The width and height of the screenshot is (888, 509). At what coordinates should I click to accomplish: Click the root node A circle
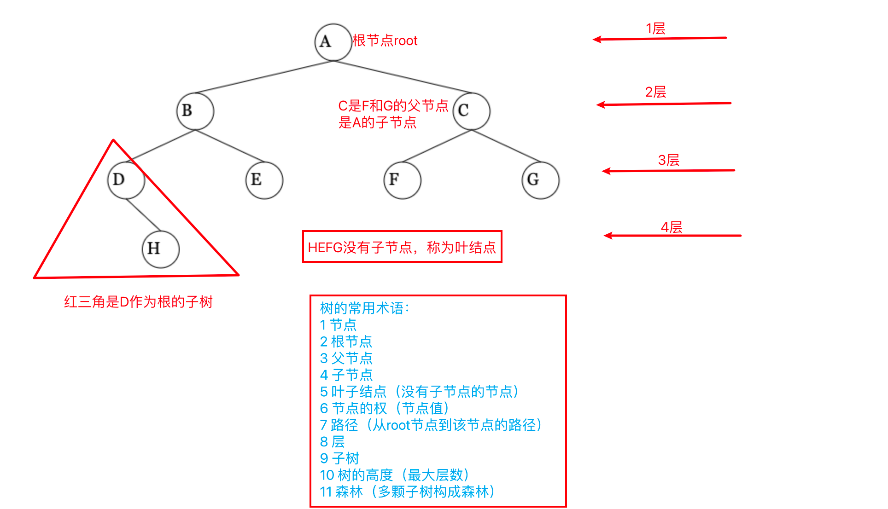pyautogui.click(x=333, y=42)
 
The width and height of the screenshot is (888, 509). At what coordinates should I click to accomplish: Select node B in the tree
pyautogui.click(x=195, y=111)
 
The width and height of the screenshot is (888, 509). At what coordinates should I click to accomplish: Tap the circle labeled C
pyautogui.click(x=471, y=111)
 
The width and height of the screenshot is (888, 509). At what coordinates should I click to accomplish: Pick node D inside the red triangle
pyautogui.click(x=126, y=180)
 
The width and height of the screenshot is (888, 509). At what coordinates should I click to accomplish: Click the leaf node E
pyautogui.click(x=264, y=180)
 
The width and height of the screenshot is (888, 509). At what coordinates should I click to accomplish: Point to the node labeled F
pyautogui.click(x=402, y=180)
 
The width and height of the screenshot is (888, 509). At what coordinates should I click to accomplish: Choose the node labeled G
pyautogui.click(x=540, y=180)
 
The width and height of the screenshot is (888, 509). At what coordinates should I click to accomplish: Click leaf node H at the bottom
pyautogui.click(x=160, y=249)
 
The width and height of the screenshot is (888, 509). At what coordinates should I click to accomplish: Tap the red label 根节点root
pyautogui.click(x=385, y=40)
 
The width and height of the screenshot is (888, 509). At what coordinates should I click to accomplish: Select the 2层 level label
pyautogui.click(x=655, y=92)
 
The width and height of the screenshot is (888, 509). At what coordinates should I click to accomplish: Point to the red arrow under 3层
pyautogui.click(x=668, y=171)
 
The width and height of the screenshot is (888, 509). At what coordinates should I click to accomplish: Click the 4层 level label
pyautogui.click(x=671, y=227)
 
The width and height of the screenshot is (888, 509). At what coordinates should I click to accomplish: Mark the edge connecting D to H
pyautogui.click(x=143, y=214)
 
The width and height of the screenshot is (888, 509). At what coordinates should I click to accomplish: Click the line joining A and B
pyautogui.click(x=264, y=77)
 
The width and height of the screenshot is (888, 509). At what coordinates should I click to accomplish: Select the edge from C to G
pyautogui.click(x=506, y=145)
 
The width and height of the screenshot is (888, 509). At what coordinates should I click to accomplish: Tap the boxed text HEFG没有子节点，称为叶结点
pyautogui.click(x=402, y=248)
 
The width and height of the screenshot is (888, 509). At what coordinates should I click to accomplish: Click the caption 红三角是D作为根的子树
pyautogui.click(x=138, y=302)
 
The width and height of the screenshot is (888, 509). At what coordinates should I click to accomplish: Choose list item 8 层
pyautogui.click(x=332, y=442)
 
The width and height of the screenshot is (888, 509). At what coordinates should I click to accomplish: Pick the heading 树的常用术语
pyautogui.click(x=364, y=308)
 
